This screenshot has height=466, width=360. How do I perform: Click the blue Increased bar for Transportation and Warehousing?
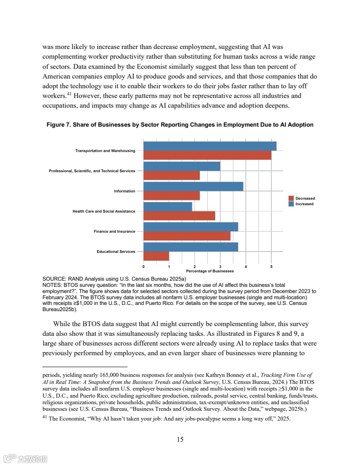pos(210,146)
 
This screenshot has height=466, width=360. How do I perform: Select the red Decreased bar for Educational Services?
pos(156,256)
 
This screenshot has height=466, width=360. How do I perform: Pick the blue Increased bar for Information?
pos(193,186)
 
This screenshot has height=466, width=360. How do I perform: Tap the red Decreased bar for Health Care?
pos(179,216)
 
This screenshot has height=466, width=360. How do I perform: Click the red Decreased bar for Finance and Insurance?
pos(187,236)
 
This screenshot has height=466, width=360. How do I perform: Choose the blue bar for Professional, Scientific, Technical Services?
pos(182,166)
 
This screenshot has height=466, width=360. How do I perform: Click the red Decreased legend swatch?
pos(291,199)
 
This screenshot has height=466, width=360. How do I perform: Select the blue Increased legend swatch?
pos(291,204)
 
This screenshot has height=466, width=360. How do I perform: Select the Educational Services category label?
pos(116,252)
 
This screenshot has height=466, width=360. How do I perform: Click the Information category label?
pos(125,191)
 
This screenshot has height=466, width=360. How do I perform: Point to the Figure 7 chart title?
pos(180,125)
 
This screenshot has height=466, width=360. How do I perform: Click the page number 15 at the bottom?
pos(180,439)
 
